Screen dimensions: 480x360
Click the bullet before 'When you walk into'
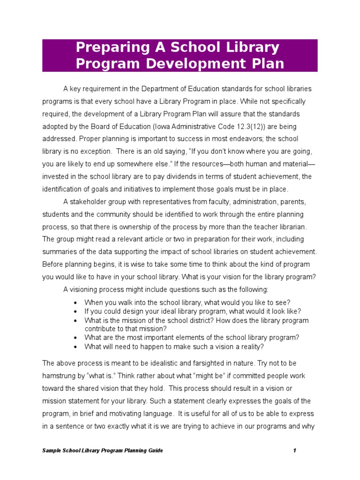[75, 303]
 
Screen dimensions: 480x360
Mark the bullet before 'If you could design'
[75, 312]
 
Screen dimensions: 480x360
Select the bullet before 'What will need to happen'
[75, 347]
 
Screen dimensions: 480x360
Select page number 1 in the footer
[294, 450]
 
